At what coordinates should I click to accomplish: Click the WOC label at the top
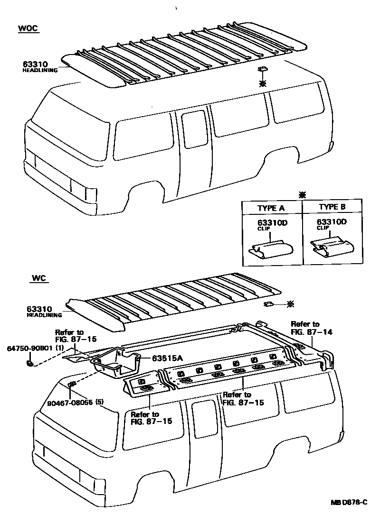click(x=28, y=28)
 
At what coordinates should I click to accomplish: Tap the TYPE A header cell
click(x=271, y=208)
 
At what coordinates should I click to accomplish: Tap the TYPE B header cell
click(x=332, y=208)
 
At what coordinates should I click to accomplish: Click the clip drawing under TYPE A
click(x=271, y=248)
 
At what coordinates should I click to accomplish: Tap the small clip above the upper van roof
click(x=263, y=70)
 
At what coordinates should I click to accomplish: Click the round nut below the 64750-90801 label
click(x=30, y=363)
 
